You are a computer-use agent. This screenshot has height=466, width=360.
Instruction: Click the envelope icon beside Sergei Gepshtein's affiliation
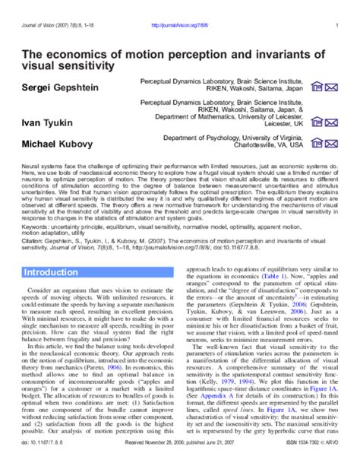(332, 87)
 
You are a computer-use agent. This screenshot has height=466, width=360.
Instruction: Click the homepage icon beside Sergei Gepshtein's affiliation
(318, 87)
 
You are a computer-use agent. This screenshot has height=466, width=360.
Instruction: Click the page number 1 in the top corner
(336, 24)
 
